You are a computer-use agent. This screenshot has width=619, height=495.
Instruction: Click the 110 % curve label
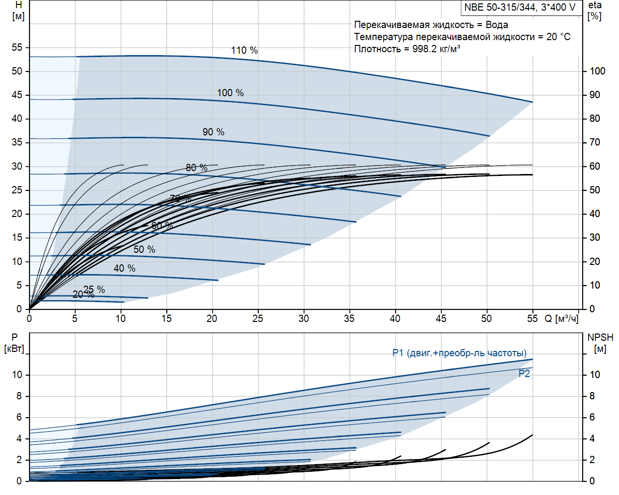tap(244, 50)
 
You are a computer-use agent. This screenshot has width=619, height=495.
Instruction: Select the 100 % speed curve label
tap(230, 93)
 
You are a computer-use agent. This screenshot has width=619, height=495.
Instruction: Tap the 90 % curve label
tap(213, 132)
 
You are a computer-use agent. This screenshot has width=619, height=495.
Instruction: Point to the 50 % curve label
tap(144, 249)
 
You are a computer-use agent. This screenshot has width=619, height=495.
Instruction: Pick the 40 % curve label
tap(124, 268)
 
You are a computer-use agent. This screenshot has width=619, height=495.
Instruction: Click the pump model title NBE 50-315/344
tap(519, 7)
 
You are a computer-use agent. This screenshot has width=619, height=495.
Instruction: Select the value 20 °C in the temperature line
tap(558, 37)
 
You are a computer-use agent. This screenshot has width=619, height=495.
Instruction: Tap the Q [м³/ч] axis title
tap(561, 319)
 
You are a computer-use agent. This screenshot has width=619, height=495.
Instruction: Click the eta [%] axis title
tap(595, 10)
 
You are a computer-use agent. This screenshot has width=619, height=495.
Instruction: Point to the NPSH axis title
tap(600, 337)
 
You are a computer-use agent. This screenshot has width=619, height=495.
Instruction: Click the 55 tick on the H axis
tap(17, 47)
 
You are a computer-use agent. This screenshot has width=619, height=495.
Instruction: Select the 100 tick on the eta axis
tap(597, 71)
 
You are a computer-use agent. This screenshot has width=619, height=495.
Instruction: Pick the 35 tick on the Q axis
tap(349, 319)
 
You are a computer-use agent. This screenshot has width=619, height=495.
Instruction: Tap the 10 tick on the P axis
tap(17, 375)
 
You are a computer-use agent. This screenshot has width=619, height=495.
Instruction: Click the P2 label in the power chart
tap(524, 374)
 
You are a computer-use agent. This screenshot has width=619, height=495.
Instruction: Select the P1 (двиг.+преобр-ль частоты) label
tap(459, 353)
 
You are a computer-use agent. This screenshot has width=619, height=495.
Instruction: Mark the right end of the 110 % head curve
tap(532, 102)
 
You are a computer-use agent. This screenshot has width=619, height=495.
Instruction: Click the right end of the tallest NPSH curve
tap(532, 435)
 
